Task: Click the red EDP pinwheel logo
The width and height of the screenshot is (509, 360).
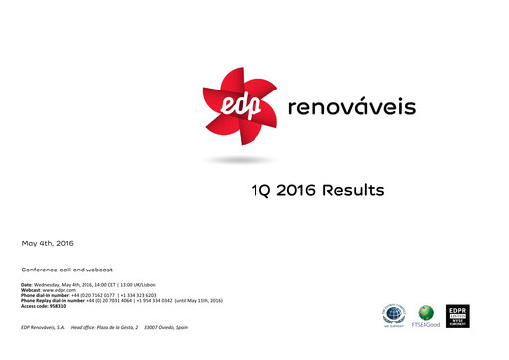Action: point(236,110)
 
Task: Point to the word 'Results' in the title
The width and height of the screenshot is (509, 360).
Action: point(359,189)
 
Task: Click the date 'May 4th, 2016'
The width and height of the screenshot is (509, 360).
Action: point(47,243)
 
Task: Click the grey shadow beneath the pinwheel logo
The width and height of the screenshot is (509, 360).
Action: point(236,160)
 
